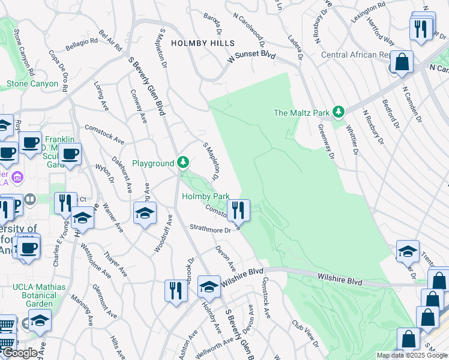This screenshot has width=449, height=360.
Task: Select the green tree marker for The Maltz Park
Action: pos(339,112)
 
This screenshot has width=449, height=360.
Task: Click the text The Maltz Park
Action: pos(301,112)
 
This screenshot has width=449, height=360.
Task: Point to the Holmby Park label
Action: pos(206,196)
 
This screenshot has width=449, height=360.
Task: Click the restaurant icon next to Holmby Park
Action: pos(238,209)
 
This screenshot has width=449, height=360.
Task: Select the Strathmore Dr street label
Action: pos(210,229)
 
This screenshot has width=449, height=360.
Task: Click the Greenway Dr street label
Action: pos(328,137)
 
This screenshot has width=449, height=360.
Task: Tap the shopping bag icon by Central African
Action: pos(402,62)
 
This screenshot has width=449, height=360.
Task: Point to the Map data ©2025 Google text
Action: pos(412,355)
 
